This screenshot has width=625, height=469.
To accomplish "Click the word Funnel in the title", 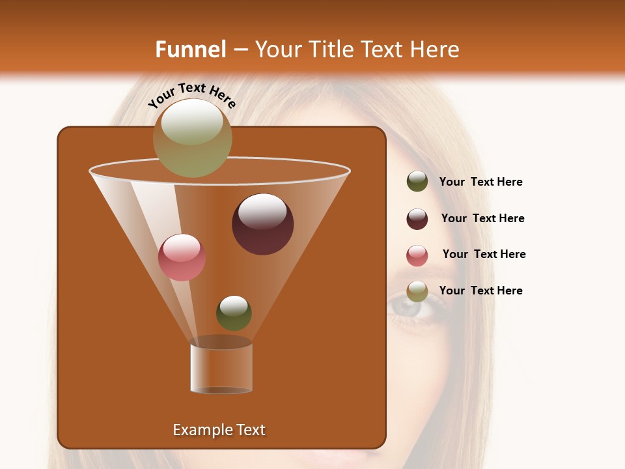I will (x=190, y=50).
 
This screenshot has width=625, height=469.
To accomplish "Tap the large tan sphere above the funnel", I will (x=192, y=137).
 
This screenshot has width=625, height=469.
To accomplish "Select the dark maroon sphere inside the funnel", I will (x=262, y=223).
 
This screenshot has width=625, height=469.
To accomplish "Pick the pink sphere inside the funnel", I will (x=182, y=257).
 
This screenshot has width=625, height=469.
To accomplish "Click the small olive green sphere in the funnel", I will (x=234, y=313).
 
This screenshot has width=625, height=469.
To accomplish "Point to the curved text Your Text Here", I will (x=192, y=95).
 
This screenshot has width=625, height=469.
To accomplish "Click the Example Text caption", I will (x=219, y=430).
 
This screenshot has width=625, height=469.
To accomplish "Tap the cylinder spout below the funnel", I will (x=221, y=368).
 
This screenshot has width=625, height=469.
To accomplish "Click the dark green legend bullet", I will (x=417, y=182).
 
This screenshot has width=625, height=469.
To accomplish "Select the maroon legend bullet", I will (x=417, y=219).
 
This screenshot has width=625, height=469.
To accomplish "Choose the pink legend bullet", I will (x=417, y=255).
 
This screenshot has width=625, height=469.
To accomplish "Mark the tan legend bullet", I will (x=417, y=291).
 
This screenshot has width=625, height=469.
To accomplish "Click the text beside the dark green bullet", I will (x=480, y=182).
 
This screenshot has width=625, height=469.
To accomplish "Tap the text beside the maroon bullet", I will (x=482, y=219).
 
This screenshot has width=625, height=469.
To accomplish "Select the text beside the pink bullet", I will (x=484, y=255).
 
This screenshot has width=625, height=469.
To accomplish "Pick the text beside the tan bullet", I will (x=480, y=291).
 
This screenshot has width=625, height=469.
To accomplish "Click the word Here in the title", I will (x=436, y=50).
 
